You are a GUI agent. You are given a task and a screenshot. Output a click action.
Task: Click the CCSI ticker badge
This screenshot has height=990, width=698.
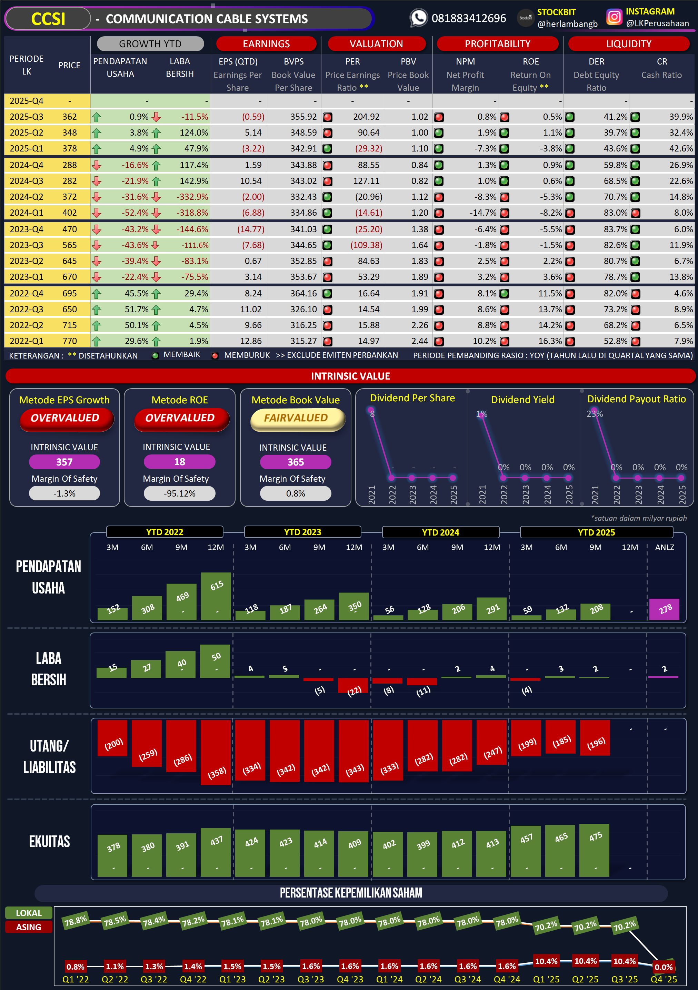click(x=48, y=19)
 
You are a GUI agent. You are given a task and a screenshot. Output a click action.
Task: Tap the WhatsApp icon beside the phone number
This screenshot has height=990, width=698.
click(x=418, y=18)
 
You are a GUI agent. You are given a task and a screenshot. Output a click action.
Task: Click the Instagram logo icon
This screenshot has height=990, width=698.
click(x=614, y=17)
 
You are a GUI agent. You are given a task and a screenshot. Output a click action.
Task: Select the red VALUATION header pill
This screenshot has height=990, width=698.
click(x=376, y=43)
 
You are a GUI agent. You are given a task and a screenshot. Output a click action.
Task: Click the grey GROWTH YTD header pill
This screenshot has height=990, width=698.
click(x=150, y=43)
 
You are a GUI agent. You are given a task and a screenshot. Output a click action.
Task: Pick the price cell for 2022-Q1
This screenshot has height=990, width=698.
click(x=69, y=341)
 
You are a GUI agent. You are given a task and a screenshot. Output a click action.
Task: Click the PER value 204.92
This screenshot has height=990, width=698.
click(x=366, y=117)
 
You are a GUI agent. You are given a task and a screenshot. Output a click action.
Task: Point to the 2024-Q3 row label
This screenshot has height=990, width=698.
click(x=26, y=181)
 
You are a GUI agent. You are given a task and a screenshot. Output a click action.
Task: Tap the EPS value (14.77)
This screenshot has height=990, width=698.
click(x=251, y=229)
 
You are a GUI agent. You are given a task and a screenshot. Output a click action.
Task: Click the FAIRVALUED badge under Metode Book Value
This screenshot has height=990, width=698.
click(x=296, y=418)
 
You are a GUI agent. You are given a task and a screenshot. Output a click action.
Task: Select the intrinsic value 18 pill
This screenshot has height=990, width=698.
click(x=179, y=462)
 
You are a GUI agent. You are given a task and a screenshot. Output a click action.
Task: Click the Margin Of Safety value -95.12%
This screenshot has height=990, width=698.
click(x=179, y=493)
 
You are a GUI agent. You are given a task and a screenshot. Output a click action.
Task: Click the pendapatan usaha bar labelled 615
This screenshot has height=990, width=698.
click(x=216, y=596)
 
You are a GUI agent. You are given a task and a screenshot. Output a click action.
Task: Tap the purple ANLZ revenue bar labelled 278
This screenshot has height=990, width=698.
click(x=664, y=609)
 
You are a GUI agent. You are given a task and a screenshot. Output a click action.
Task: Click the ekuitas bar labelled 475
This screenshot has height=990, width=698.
click(x=595, y=850)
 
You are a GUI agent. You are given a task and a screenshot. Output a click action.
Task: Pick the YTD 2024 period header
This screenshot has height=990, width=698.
click(x=440, y=532)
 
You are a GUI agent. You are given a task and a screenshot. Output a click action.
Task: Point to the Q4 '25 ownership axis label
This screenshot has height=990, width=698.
click(x=664, y=979)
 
